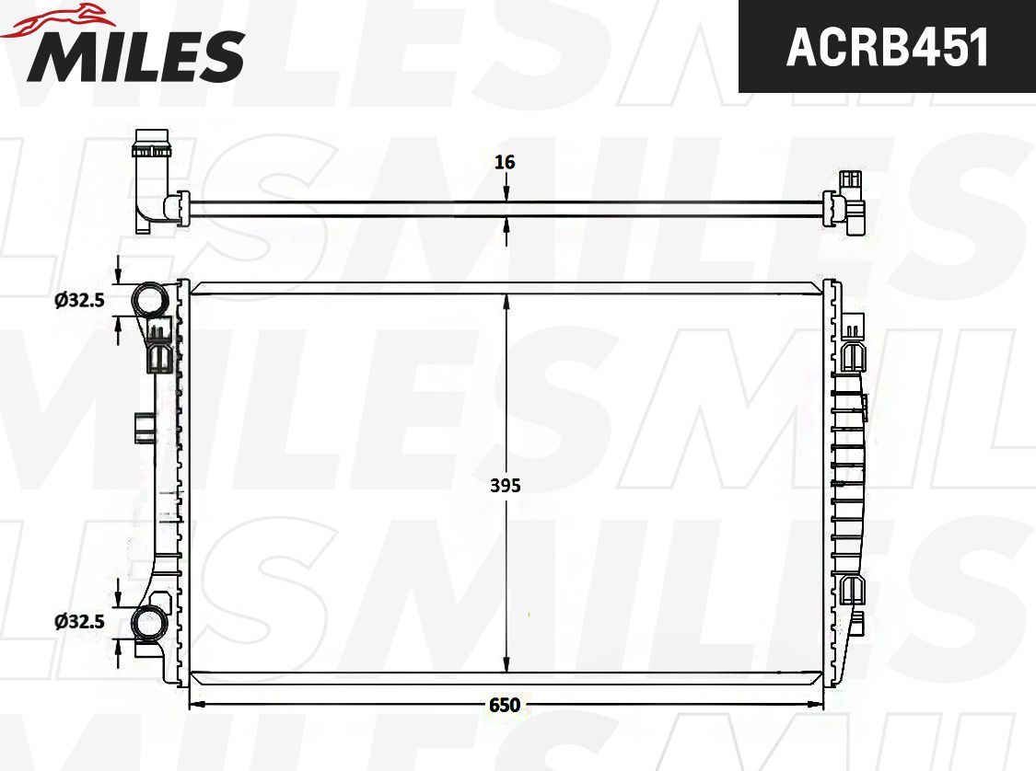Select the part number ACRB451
887,47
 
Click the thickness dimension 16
505,162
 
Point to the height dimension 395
506,485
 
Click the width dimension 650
505,706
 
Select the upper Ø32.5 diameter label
79,300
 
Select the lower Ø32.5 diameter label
79,621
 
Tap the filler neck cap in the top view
152,145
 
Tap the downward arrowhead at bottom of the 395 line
506,666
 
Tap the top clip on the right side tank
855,326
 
